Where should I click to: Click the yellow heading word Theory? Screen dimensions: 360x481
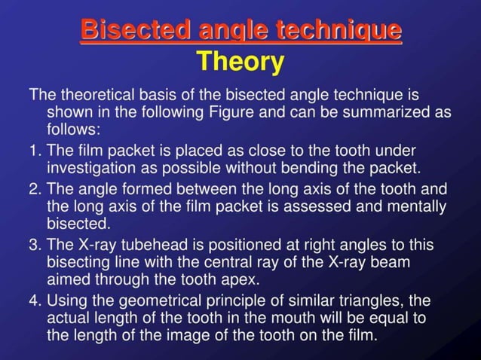[240, 62]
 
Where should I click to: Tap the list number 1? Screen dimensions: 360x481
[35, 150]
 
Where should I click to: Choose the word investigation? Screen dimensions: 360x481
[91, 166]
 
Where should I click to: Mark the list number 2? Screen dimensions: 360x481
[35, 188]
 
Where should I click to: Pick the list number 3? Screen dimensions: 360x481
[35, 245]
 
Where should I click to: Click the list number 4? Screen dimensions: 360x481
[35, 301]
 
